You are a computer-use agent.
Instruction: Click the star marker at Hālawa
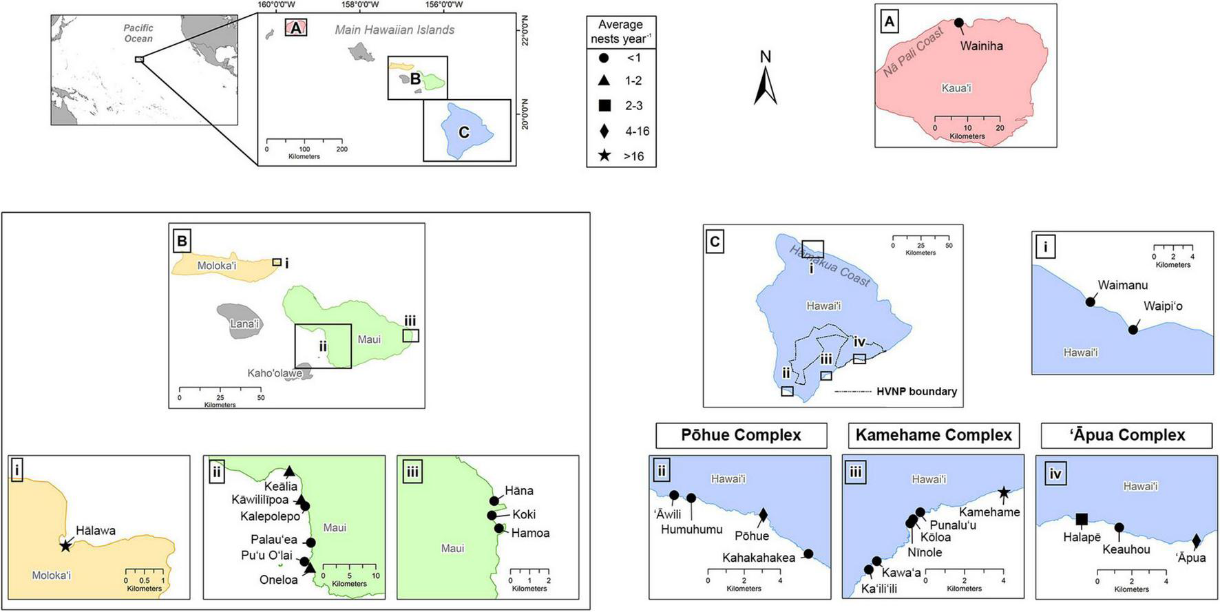point(65,546)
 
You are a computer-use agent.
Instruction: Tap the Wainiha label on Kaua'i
point(981,46)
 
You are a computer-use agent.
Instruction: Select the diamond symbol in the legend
point(604,131)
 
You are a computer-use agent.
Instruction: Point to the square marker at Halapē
point(1082,520)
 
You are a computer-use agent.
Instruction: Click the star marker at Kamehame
point(1004,492)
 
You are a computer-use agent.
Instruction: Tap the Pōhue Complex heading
point(741,435)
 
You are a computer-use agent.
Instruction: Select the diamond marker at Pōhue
point(763,514)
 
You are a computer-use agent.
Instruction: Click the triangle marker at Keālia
point(290,472)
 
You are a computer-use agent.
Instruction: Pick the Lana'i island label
point(244,324)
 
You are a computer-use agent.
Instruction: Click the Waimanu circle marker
point(1091,302)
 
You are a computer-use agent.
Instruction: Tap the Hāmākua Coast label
point(830,265)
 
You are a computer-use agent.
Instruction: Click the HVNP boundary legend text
point(916,392)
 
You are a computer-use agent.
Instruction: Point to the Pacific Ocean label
point(138,33)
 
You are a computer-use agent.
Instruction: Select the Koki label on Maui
point(524,514)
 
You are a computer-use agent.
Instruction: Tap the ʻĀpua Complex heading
point(1127,435)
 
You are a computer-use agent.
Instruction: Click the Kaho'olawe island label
point(275,373)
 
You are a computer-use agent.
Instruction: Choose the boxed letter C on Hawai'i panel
point(715,242)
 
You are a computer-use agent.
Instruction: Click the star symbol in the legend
point(604,156)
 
